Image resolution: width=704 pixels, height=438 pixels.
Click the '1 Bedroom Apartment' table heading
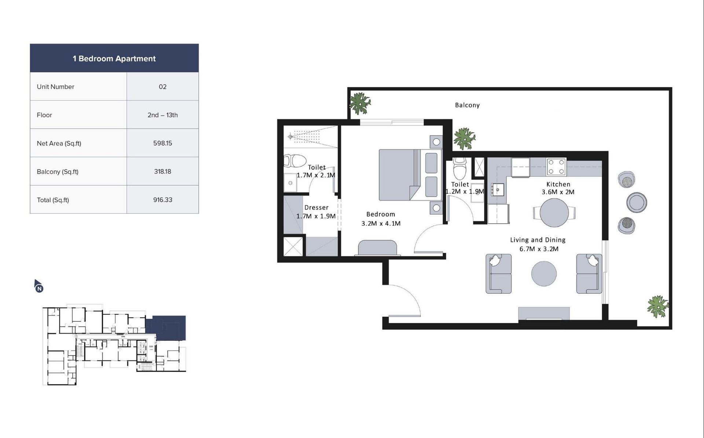(x=114, y=59)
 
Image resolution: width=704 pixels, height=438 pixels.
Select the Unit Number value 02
(x=162, y=87)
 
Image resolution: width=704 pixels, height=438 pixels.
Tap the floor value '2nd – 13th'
(x=162, y=115)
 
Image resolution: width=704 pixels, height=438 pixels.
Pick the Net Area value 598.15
(x=162, y=143)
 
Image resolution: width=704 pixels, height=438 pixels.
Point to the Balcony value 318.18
(x=162, y=172)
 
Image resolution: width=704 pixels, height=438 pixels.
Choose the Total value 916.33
(x=162, y=200)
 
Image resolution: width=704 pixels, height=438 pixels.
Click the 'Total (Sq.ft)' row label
(x=53, y=200)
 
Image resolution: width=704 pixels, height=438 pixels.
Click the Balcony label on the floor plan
(x=467, y=105)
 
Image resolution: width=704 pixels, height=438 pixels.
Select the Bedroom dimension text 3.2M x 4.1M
(x=381, y=223)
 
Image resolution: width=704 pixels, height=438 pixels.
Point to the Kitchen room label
(x=558, y=184)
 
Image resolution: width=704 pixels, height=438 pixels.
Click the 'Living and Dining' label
(x=538, y=240)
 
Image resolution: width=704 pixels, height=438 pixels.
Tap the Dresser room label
(x=316, y=208)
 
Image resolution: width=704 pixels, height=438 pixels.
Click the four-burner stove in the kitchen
(x=556, y=167)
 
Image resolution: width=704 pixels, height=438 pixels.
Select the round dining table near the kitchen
(x=554, y=213)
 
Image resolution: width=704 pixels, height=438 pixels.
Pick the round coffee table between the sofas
(x=544, y=274)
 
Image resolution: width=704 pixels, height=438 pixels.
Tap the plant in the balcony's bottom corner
(x=658, y=306)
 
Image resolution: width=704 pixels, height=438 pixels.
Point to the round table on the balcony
(x=637, y=202)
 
